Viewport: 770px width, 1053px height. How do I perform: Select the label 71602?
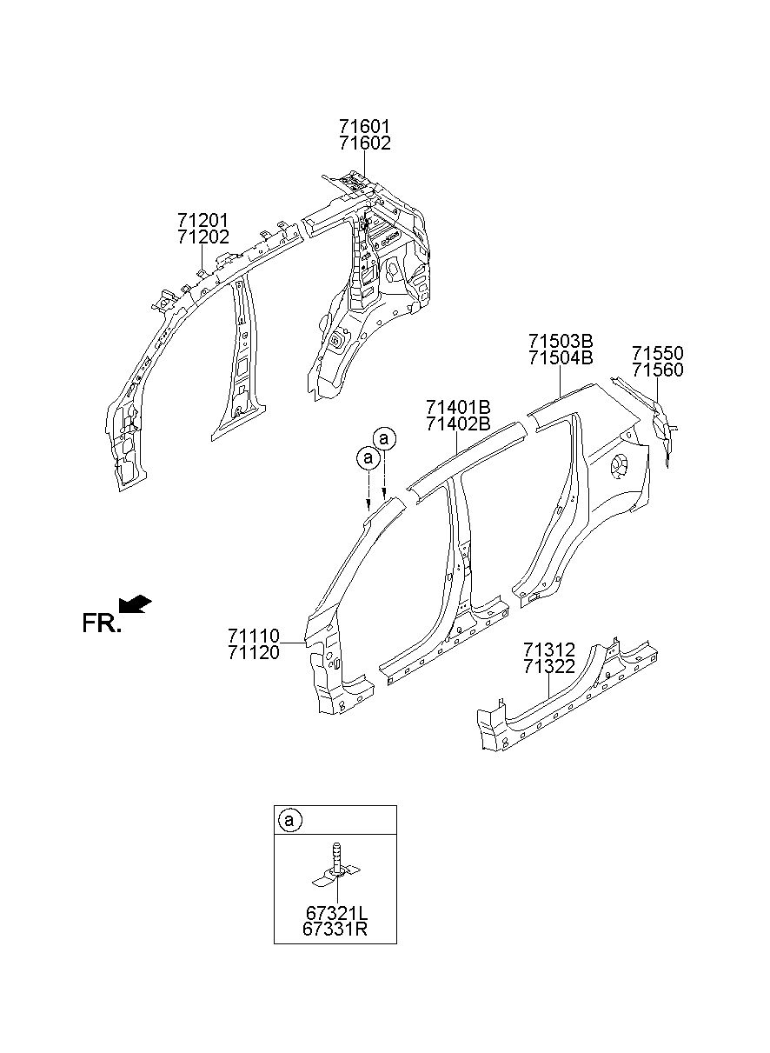363,143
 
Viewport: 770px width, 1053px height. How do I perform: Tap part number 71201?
203,220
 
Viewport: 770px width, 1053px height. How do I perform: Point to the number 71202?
203,236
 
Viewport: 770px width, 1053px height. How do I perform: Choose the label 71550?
657,354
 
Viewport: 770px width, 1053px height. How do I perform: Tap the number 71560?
657,370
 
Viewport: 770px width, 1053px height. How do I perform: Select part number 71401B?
458,407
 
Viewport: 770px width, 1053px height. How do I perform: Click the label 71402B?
458,423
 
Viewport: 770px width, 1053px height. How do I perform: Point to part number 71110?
254,636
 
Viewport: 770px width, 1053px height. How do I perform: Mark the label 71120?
254,652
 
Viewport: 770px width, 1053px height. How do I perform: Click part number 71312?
549,650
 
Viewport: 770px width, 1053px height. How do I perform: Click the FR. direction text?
101,623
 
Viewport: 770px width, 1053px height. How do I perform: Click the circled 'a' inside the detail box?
289,819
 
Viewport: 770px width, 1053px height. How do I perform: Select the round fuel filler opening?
621,466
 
